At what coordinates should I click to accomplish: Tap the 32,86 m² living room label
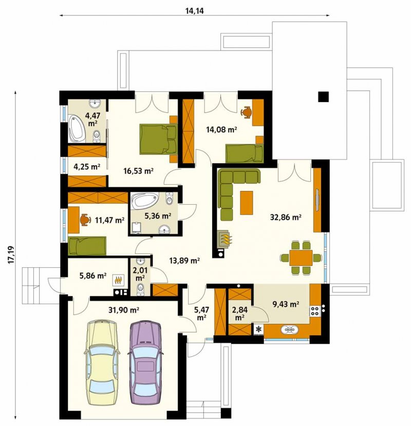tap(285, 217)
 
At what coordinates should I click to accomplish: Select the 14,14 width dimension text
tap(195, 11)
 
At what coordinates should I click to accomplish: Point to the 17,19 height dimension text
tap(11, 255)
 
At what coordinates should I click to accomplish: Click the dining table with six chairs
tap(301, 258)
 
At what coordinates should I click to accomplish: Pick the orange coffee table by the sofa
tap(247, 203)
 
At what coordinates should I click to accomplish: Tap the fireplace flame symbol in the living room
tap(226, 239)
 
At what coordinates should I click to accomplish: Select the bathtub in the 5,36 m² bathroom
tap(144, 201)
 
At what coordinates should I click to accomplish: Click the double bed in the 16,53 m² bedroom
tap(158, 139)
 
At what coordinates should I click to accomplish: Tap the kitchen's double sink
tap(290, 330)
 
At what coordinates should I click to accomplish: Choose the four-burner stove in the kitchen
tap(315, 312)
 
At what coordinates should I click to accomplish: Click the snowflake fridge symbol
tap(258, 330)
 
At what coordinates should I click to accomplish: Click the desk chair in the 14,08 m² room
tap(247, 112)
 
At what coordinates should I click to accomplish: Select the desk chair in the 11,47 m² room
tap(85, 220)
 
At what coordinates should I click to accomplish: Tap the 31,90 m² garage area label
tap(124, 309)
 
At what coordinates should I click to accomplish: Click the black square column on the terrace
tap(324, 96)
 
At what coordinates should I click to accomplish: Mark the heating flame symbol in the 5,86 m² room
tap(118, 280)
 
